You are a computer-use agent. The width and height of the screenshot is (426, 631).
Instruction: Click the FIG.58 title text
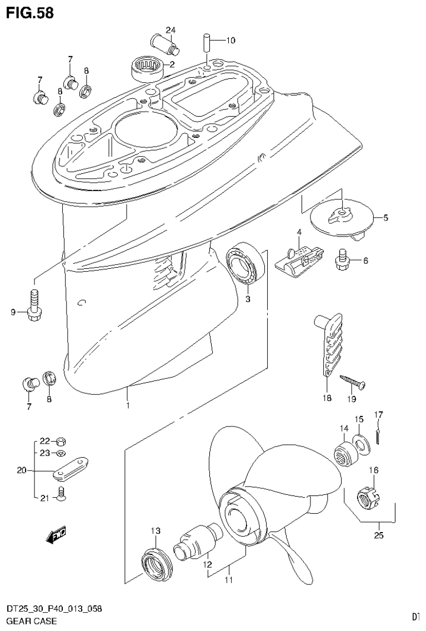30,13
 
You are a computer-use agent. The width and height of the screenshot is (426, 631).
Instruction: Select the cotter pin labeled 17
378,435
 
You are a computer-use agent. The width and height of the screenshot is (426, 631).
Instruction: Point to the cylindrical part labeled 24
164,44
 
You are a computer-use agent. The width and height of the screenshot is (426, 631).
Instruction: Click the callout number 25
379,537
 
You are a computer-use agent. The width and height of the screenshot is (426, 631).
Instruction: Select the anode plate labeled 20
72,468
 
